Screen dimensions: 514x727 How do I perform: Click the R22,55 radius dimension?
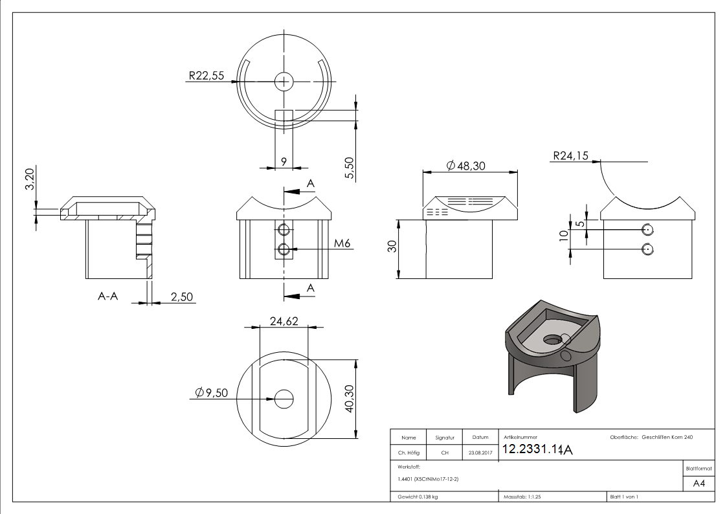206,76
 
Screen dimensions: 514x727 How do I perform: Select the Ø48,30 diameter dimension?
466,166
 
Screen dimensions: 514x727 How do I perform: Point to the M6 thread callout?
344,243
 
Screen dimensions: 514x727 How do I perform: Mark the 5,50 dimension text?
350,167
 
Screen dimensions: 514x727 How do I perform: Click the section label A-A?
108,296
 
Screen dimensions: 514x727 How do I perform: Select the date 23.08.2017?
480,453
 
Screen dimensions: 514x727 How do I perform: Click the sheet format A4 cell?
699,484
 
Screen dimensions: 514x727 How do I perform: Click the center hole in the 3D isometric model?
551,339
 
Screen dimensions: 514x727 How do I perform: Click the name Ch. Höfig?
408,453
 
